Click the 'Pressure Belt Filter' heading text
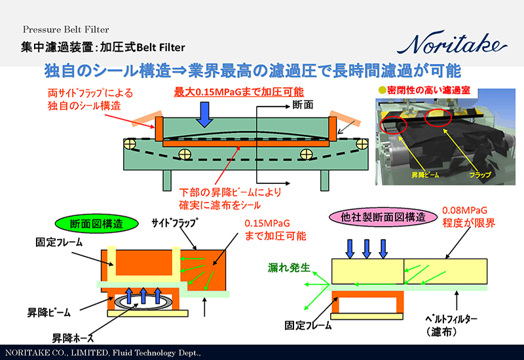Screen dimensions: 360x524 point(65,29)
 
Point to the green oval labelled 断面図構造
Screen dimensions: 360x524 point(97,223)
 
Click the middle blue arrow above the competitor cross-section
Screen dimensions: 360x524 point(367,247)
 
